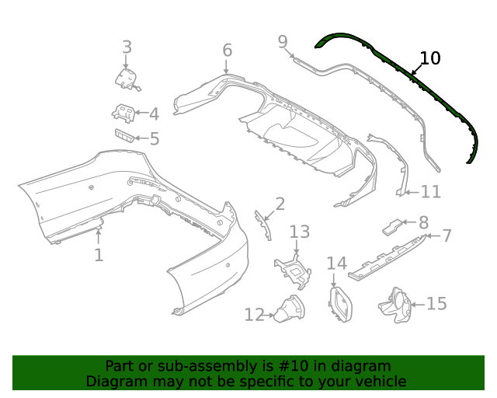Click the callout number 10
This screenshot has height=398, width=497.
click(429, 58)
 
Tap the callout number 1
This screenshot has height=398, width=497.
click(99, 255)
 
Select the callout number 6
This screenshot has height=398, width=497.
click(227, 51)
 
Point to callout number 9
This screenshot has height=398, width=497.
click(283, 40)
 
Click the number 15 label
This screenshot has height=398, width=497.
click(436, 303)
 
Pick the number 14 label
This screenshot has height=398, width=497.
click(336, 264)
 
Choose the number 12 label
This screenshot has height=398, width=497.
click(254, 315)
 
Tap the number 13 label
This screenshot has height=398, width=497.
click(300, 232)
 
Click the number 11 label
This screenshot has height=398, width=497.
click(430, 191)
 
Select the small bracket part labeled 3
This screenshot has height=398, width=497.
click(127, 78)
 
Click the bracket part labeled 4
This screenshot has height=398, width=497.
click(123, 113)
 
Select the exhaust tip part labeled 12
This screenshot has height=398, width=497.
click(289, 312)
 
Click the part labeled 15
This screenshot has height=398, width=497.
click(396, 304)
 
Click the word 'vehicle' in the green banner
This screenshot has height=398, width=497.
click(377, 382)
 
